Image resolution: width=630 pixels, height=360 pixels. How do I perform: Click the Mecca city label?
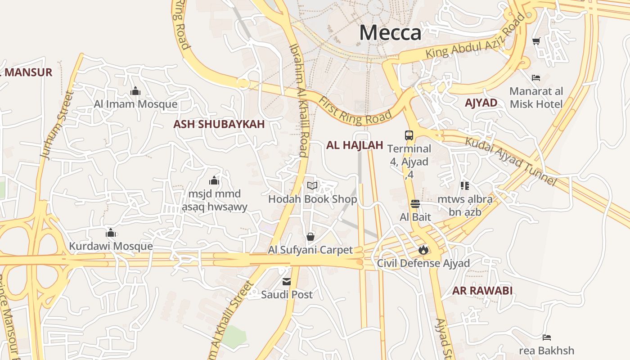(390, 33)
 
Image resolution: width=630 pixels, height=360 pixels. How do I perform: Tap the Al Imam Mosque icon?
(135, 92)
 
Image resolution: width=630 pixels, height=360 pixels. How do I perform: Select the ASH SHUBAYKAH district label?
(219, 125)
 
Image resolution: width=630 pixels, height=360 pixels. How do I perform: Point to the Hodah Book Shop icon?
(312, 185)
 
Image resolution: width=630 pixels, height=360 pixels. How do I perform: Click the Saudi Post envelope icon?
(287, 282)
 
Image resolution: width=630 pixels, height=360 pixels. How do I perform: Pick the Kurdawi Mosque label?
(111, 247)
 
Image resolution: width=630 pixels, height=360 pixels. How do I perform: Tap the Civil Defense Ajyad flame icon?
(423, 250)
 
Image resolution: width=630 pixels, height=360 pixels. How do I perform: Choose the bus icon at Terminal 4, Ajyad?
(409, 135)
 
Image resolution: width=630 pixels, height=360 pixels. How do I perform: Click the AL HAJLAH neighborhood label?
(355, 145)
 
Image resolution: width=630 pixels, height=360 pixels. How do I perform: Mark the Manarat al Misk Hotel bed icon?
(535, 78)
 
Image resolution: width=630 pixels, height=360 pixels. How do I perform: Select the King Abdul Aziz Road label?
(475, 39)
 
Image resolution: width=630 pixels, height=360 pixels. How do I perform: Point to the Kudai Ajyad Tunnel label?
(511, 161)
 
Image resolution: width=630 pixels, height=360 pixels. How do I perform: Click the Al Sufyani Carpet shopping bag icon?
(310, 236)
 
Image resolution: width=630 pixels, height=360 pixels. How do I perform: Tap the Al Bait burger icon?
(415, 204)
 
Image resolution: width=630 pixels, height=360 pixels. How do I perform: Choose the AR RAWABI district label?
(482, 291)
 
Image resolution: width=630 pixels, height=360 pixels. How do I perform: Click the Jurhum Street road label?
(57, 125)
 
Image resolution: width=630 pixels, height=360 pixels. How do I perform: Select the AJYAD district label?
(481, 103)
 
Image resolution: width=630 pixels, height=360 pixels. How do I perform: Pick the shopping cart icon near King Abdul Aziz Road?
(536, 41)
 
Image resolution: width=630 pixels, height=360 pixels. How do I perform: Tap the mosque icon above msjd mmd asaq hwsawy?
(214, 181)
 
